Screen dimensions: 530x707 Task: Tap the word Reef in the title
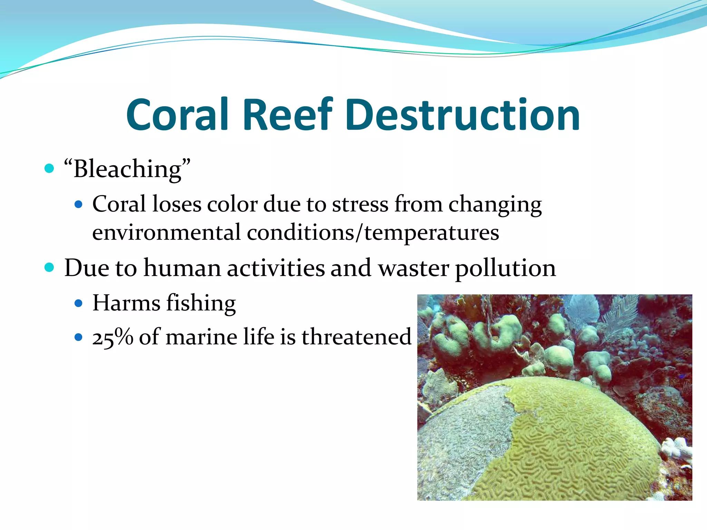pos(288,115)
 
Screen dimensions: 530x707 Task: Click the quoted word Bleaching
pos(127,169)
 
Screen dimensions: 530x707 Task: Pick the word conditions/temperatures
pos(373,233)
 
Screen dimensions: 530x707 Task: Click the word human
pos(182,268)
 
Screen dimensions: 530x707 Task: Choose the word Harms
pos(126,303)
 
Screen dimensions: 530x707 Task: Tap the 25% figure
pos(113,337)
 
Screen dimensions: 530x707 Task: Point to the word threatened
pos(356,337)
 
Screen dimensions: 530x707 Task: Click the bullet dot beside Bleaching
pos(49,169)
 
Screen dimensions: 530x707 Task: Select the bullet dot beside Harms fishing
pos(79,303)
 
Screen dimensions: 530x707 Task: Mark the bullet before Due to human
pos(49,267)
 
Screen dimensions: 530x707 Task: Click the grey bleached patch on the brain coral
pos(463,435)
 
